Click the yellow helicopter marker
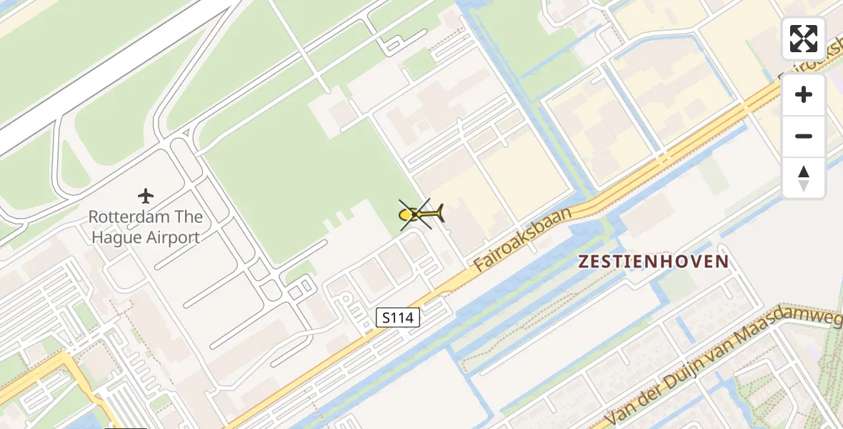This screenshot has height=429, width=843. tap(421, 214)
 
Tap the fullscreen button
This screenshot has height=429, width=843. tap(804, 39)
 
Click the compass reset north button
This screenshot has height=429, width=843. tap(804, 178)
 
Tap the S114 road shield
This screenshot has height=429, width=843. tap(398, 318)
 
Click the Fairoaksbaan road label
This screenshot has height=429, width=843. tap(524, 239)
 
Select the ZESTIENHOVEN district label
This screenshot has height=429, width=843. tap(654, 262)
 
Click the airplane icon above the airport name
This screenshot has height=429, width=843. tap(146, 195)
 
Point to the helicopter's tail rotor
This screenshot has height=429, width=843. tap(439, 212)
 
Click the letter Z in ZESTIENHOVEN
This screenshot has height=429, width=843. tap(584, 262)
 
